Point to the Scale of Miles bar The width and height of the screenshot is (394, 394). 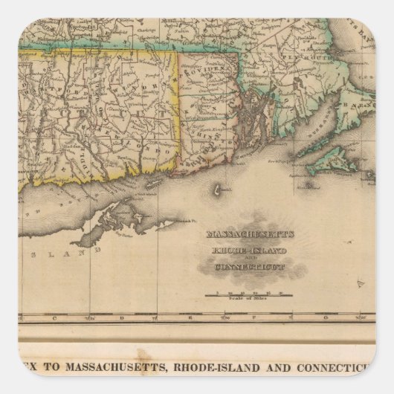tap(248, 294)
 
